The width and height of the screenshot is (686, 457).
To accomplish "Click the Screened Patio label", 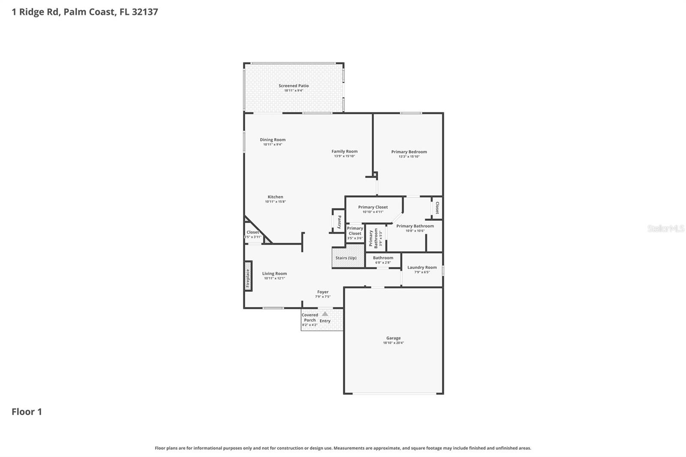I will point(294,86).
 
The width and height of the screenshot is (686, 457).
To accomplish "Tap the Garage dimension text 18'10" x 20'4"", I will point(393,343).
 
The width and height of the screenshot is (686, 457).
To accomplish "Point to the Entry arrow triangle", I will point(325,314).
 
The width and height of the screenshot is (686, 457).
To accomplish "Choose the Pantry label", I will point(339,222).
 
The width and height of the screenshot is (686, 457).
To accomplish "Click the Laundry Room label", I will point(422,268).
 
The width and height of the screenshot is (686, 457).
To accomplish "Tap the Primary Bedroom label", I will point(409,152).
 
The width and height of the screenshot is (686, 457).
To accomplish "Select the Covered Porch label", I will point(310,318).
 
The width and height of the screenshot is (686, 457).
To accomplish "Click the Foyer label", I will point(323,292).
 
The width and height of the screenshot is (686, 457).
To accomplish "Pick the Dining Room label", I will point(273,140).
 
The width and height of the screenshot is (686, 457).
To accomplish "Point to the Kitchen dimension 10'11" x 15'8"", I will point(275,201).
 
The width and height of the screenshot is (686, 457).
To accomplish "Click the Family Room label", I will point(344,151).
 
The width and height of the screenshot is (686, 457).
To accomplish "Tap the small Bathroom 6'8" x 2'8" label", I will point(383,258).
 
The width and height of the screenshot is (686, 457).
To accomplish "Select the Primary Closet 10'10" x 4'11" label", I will point(373,207).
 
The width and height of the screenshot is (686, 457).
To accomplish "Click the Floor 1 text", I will point(27,412).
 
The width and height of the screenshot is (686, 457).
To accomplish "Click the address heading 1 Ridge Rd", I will point(85,12).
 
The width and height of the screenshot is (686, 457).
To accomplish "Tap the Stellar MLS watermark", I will point(665,228).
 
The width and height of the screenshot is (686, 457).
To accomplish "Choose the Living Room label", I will point(274,274).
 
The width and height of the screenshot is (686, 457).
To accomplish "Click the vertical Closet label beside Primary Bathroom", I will point(437,207).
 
